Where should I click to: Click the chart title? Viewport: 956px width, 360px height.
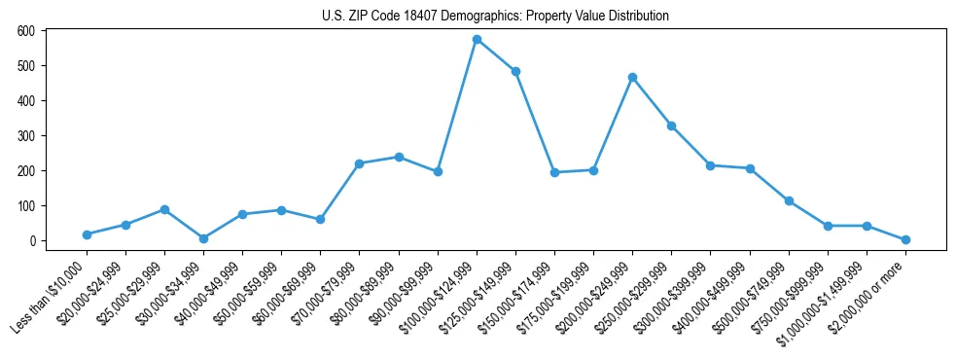point(495,17)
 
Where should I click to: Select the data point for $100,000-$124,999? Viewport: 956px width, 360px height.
point(477,39)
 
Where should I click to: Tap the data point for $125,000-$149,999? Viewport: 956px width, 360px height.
point(515,71)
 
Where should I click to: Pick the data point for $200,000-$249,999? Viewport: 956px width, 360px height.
point(632,77)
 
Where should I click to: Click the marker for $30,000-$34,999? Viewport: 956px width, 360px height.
point(203,238)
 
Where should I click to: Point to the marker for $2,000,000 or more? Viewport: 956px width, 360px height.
point(905,239)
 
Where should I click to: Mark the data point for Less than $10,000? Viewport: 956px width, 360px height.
point(87,234)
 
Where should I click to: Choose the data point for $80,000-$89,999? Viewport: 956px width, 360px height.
point(399,157)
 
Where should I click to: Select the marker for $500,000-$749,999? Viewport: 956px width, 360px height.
point(789,200)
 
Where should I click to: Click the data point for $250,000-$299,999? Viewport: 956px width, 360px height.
point(671,126)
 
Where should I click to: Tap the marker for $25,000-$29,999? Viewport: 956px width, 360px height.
point(164,209)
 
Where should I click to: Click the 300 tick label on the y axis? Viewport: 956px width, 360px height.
point(26,136)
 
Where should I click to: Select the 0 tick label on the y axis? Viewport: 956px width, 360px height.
point(32,241)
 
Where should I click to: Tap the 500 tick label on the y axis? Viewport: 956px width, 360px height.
point(26,66)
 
